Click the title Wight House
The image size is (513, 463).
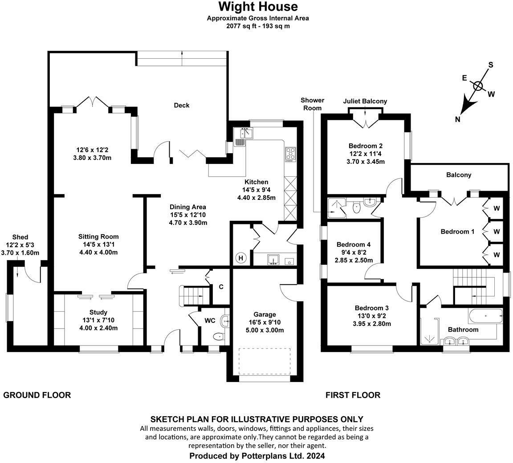pos(258,7)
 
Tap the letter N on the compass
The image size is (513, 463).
pos(458,119)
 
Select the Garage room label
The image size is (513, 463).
pos(265,314)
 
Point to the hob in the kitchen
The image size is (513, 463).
pos(290,154)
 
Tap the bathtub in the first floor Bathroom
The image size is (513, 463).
pos(485,316)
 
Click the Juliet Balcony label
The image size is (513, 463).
pos(365,101)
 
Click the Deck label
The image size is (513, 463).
pos(181,105)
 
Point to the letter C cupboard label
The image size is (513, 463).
pos(221,287)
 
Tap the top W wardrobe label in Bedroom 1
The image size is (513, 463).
pos(497,207)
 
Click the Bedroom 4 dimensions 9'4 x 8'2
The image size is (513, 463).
pos(354,252)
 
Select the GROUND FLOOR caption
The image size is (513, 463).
pos(37,395)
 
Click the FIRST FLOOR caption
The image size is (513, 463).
pos(353,395)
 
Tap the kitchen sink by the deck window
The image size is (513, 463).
pos(244,133)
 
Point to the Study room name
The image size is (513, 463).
pos(98,313)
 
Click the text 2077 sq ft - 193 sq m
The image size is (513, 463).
pos(258,26)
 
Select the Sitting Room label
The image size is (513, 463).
pos(98,236)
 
